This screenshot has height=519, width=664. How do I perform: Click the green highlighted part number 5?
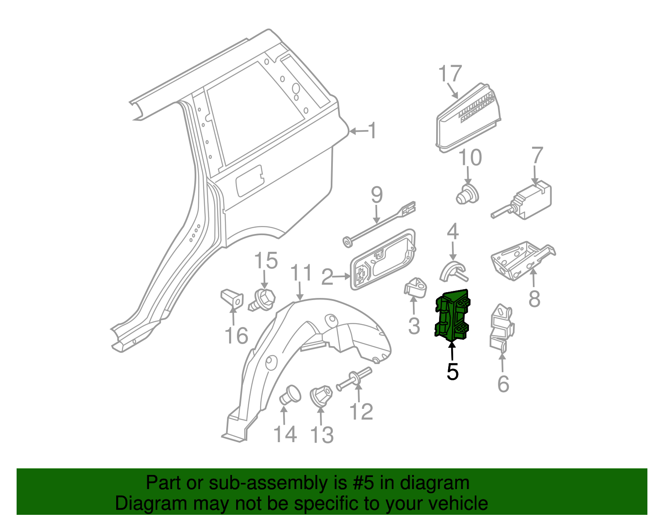452,316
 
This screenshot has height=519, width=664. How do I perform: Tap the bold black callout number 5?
452,371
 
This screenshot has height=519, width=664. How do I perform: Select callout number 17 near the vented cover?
450,74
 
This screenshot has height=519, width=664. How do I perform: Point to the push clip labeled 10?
467,195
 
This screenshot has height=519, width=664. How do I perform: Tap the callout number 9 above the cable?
376,195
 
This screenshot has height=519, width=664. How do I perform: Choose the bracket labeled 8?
521,260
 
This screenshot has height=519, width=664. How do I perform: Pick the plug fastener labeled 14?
290,394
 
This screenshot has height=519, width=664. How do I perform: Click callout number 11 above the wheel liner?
301,274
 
